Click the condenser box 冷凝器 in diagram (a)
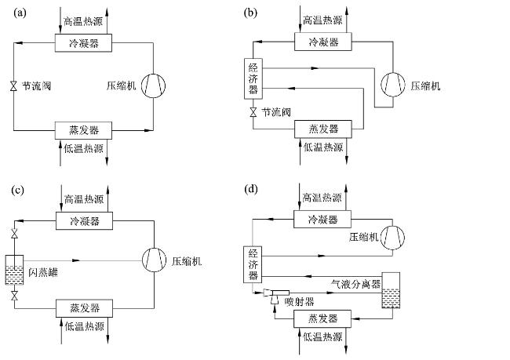coord(83,42)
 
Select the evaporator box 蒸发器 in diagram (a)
coord(83,130)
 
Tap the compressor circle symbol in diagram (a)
coord(153,85)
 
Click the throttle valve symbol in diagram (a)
coord(13,85)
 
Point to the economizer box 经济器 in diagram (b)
coord(253,78)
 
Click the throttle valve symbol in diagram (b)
coord(253,112)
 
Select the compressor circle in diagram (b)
coord(393,85)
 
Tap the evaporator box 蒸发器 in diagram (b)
coord(323,129)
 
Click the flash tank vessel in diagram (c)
coord(14,270)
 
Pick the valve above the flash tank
coord(14,234)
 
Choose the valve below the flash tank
coord(14,296)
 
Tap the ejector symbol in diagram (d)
coord(276,295)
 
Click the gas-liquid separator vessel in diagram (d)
coord(391,290)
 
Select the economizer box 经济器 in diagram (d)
coord(253,264)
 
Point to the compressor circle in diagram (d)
coord(392,238)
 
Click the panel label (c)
coord(17,190)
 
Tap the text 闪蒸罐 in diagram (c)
coord(43,272)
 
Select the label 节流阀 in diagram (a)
coord(36,85)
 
